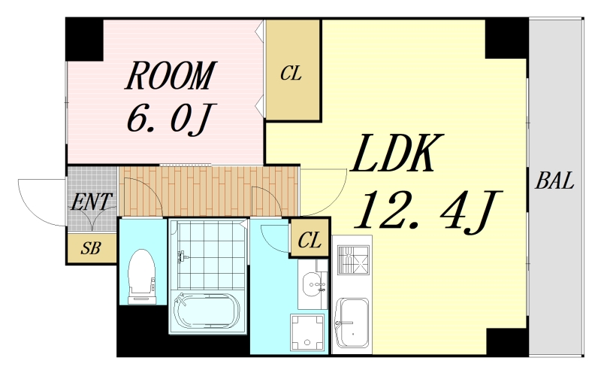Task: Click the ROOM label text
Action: pos(171,76)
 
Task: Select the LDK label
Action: pos(397,153)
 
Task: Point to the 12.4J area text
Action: pos(428,210)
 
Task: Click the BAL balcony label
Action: pos(554,180)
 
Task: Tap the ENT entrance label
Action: pos(91,202)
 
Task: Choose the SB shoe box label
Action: pos(91,248)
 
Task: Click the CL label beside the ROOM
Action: pos(291,73)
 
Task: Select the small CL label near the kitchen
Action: pos(310,241)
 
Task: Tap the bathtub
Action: pos(207,311)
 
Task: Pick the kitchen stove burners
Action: pos(353,260)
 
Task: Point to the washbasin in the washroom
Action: pos(313,285)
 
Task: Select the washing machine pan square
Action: pos(307,332)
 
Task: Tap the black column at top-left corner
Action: pos(85,40)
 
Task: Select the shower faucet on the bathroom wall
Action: pos(181,256)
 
